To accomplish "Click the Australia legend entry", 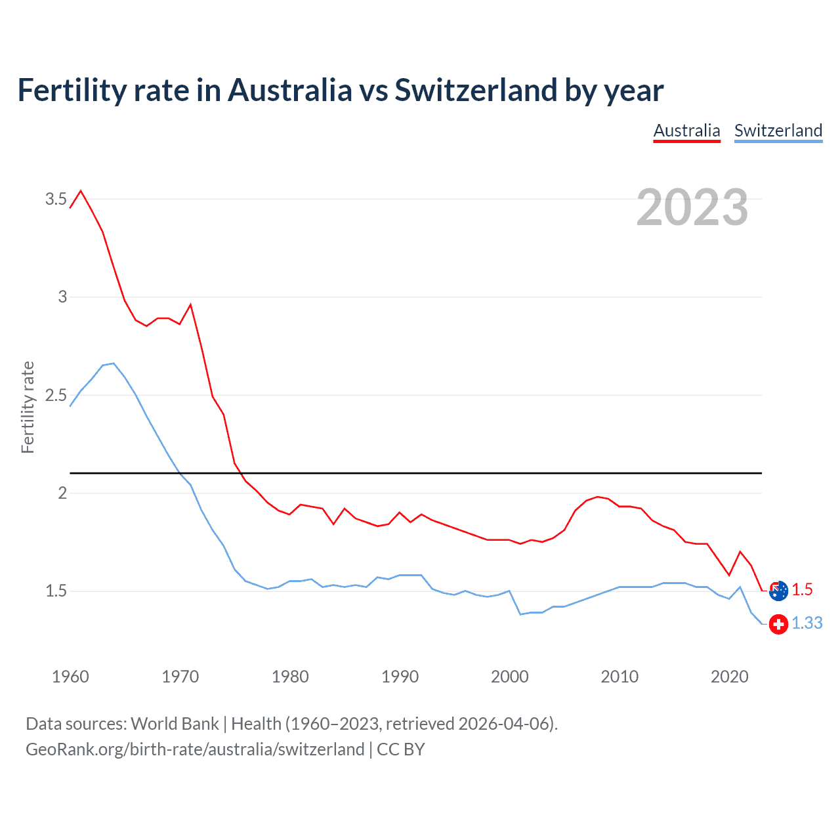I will coord(686,131).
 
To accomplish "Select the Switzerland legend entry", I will coord(778,131).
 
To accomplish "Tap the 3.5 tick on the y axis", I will coord(56,199).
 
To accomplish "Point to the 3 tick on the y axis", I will coord(62,297).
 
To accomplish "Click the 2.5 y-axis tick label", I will coord(56,395).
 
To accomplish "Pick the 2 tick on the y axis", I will coord(62,493).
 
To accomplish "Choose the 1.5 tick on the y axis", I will coord(56,591).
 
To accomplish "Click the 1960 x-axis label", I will coord(70,677).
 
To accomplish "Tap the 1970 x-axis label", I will coord(180,677).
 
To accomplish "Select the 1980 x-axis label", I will coord(290,677).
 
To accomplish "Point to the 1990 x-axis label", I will coord(400,677).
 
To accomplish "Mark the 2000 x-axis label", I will coord(509,677).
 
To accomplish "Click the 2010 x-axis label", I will coord(619,677).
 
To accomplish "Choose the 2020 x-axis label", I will coord(729,677).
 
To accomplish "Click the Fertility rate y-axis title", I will coord(28,407).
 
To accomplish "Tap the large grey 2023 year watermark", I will coord(692,207).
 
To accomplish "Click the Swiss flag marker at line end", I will coord(778,623).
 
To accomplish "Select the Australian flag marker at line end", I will coord(778,591).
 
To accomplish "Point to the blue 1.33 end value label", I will coord(807,623).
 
